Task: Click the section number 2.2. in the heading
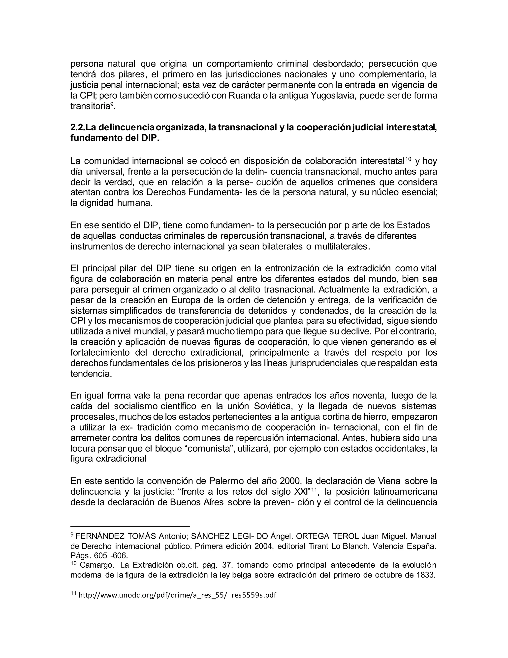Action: tap(78, 128)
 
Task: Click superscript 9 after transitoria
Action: tap(112, 104)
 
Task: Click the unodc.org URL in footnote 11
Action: tap(178, 595)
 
